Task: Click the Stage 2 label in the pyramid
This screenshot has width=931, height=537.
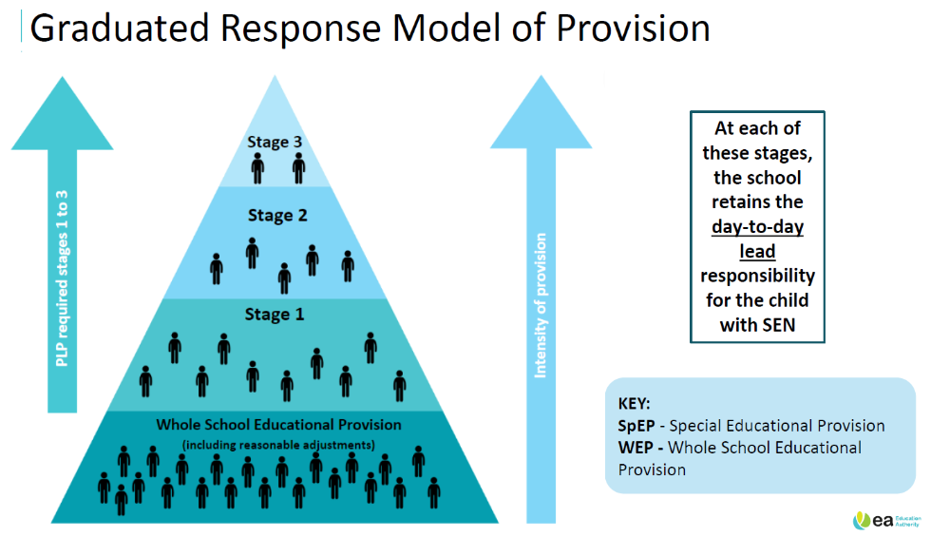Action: pyautogui.click(x=277, y=216)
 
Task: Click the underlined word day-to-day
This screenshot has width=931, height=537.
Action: pyautogui.click(x=757, y=226)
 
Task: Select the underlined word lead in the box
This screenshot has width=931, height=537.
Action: pyautogui.click(x=757, y=251)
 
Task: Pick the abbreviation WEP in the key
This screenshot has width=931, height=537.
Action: pyautogui.click(x=636, y=447)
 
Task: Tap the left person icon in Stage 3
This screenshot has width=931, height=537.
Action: pyautogui.click(x=258, y=169)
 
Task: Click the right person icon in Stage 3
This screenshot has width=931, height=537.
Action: pyautogui.click(x=298, y=169)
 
